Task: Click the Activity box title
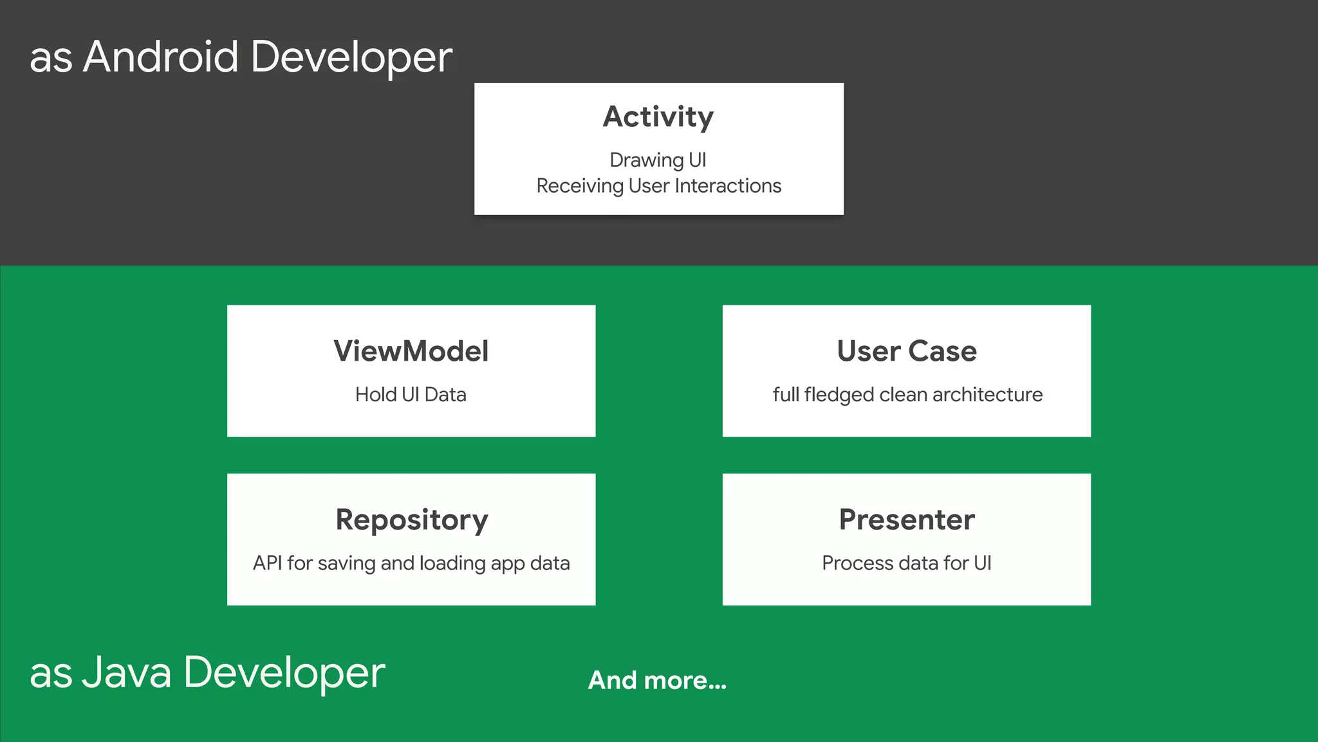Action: pos(658,117)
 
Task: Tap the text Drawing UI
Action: pos(658,160)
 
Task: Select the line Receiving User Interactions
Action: pos(658,186)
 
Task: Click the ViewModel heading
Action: pos(411,352)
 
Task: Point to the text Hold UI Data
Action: pos(411,394)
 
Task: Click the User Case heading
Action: pos(906,352)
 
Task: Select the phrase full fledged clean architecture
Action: pos(907,394)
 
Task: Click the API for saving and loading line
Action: pos(411,563)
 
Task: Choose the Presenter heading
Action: pos(906,520)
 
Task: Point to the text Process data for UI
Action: pos(906,563)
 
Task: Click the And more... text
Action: pos(657,681)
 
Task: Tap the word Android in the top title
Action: pos(161,57)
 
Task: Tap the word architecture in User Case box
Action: pos(987,394)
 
